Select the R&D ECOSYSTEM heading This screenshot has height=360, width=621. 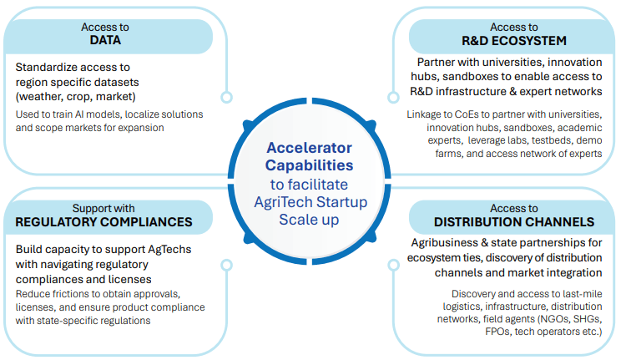tap(513, 40)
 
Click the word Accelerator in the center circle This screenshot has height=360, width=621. tap(310, 147)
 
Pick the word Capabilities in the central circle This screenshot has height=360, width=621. tap(310, 165)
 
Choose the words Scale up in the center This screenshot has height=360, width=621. tap(310, 218)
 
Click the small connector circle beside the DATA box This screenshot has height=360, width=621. tap(226, 98)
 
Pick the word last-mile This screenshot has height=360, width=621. tap(577, 293)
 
